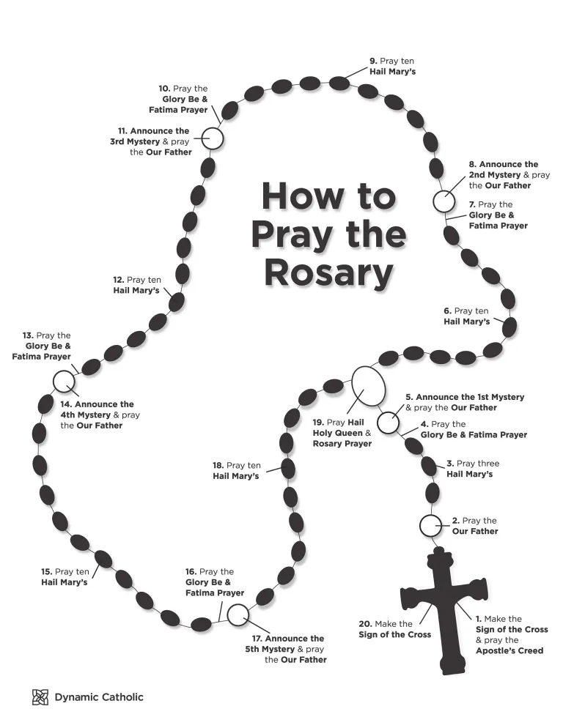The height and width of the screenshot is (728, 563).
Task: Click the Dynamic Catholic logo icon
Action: coord(40,697)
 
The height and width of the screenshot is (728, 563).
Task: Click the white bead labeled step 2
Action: coord(430,526)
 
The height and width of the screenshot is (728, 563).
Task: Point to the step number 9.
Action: coord(373,62)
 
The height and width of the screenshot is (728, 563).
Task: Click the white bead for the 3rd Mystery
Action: coord(211,138)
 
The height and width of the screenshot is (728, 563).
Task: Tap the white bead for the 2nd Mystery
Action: coord(444,201)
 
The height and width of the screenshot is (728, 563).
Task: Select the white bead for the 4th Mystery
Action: coord(64,381)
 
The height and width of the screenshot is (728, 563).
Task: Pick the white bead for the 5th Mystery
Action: coord(237,615)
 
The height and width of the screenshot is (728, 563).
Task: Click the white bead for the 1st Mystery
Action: coord(389,422)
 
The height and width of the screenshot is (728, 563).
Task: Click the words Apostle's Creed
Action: coord(509,650)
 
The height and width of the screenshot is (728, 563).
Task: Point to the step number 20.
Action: coord(365,624)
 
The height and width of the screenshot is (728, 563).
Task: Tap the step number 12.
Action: coord(118,280)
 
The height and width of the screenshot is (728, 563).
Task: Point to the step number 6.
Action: coord(447,311)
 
